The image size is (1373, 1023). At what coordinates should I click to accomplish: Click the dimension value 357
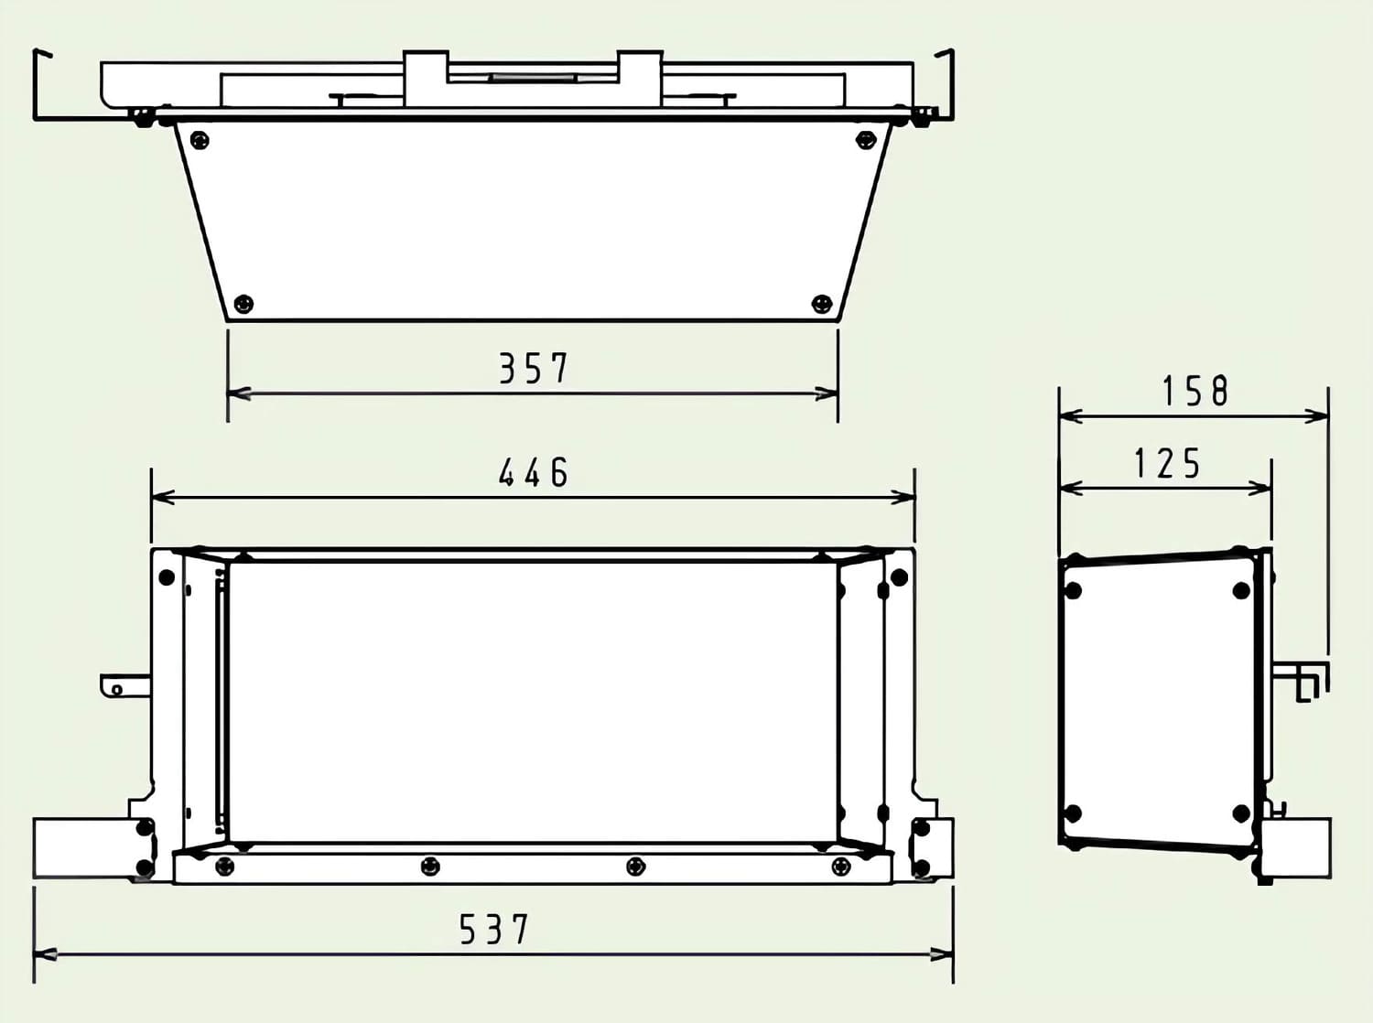pyautogui.click(x=535, y=368)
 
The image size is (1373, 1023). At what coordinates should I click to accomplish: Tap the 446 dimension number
pyautogui.click(x=534, y=472)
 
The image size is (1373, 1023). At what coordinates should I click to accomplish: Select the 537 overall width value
pyautogui.click(x=494, y=929)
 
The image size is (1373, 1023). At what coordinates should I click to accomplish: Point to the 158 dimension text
pyautogui.click(x=1195, y=391)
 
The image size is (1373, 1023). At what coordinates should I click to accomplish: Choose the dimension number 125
pyautogui.click(x=1167, y=464)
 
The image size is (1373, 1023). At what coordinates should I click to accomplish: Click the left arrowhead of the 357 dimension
pyautogui.click(x=239, y=394)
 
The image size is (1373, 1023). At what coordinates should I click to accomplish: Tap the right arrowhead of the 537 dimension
pyautogui.click(x=942, y=955)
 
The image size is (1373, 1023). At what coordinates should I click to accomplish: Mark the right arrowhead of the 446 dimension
pyautogui.click(x=903, y=498)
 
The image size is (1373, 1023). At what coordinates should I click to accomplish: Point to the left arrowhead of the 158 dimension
pyautogui.click(x=1070, y=415)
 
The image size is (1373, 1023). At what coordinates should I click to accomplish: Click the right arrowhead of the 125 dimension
pyautogui.click(x=1259, y=489)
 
